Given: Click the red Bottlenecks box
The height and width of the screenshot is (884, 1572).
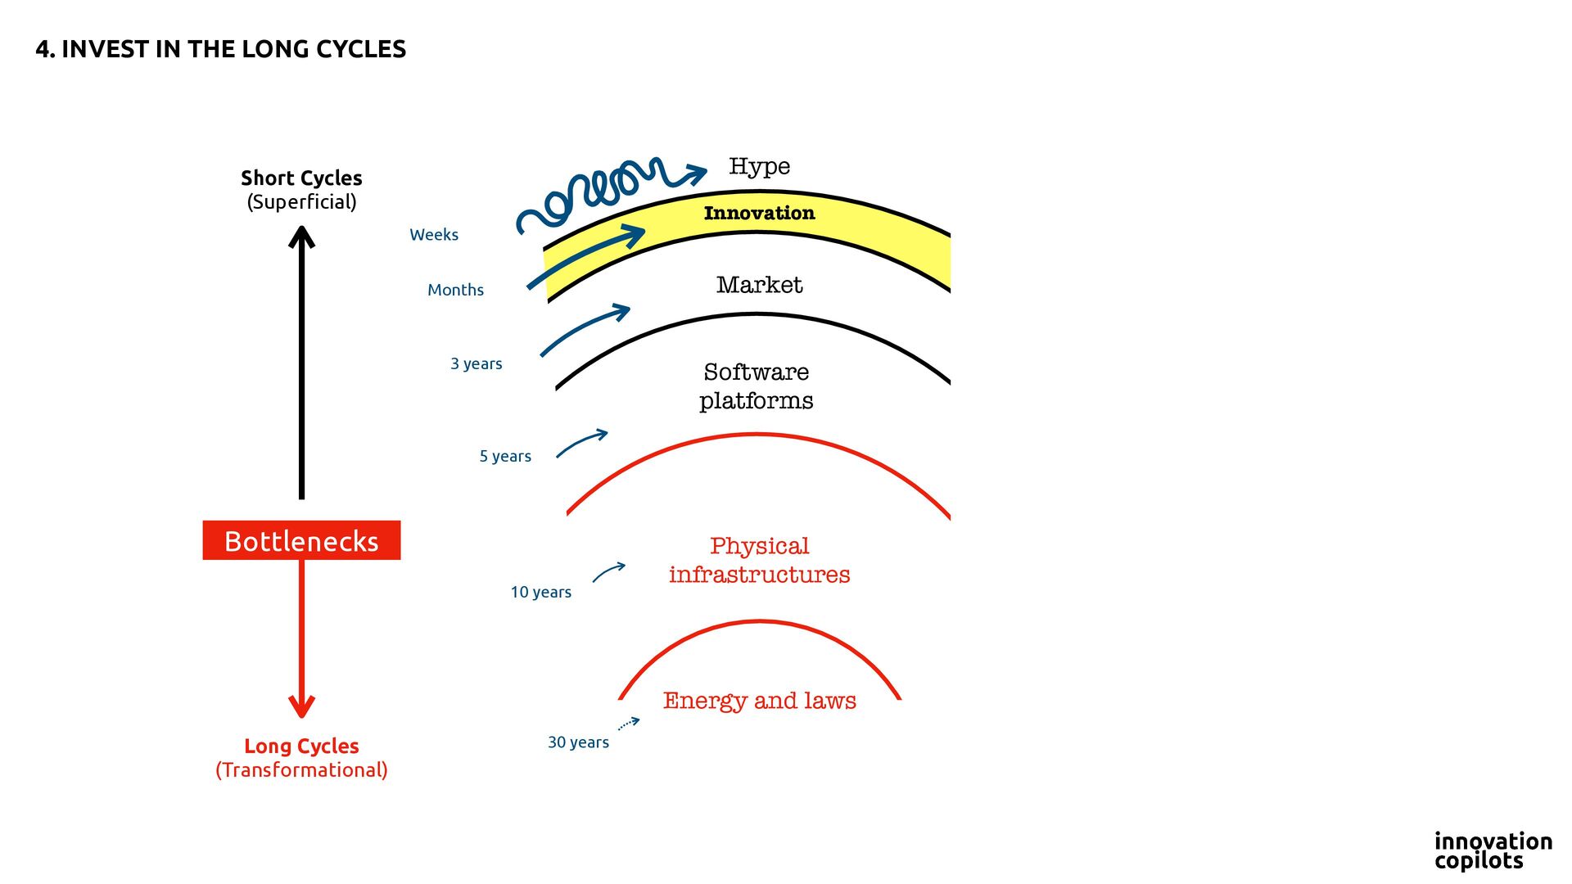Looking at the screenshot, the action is (301, 540).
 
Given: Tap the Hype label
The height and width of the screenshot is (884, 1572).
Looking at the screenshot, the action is (759, 166).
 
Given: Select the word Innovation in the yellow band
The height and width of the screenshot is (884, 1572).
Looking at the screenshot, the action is (759, 213).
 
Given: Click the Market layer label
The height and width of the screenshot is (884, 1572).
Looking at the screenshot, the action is (759, 285).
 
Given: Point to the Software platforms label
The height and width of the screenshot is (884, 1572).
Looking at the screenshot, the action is (756, 386).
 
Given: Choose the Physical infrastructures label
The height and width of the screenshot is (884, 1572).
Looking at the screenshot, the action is (759, 560).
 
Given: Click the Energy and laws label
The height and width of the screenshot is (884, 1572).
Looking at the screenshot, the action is (759, 701).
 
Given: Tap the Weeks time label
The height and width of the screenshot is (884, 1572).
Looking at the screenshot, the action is (434, 235).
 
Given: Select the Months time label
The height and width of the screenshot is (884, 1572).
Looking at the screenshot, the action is (455, 290).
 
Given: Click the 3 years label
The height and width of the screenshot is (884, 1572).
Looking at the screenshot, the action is (476, 363).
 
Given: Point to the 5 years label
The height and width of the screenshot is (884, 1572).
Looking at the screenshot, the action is (505, 456).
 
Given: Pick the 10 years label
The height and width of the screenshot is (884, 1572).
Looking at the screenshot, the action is (540, 592).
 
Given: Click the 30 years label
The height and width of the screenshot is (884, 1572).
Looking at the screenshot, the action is (578, 742).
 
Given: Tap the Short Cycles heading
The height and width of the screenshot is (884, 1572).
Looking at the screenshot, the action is (301, 178).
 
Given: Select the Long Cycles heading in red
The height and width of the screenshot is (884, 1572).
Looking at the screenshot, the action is (301, 746).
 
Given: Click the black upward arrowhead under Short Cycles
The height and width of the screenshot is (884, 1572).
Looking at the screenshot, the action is (301, 237).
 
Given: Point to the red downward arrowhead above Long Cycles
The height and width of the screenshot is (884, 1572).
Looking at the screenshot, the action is (301, 705).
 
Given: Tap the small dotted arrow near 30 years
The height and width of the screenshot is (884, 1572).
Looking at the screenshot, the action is (629, 724).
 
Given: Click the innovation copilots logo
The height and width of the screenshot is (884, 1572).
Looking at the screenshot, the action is (1493, 850).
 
